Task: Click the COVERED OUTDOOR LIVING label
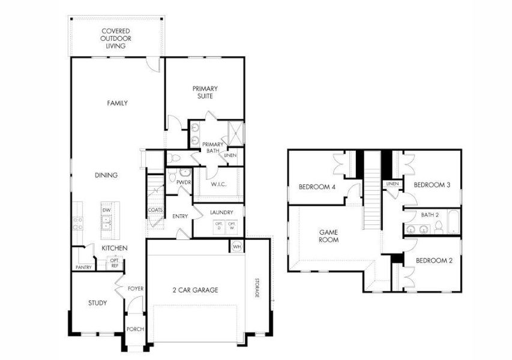click(116, 38)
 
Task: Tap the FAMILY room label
click(117, 103)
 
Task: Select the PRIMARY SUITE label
click(205, 92)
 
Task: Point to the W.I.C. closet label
click(218, 185)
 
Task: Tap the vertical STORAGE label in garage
click(256, 286)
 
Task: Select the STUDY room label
click(97, 303)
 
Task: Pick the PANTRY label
click(83, 267)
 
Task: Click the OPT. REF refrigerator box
click(114, 263)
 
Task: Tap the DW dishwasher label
click(106, 210)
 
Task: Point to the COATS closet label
click(155, 210)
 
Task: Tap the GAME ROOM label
click(328, 235)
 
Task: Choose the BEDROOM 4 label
click(317, 187)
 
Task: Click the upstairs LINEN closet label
click(393, 184)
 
